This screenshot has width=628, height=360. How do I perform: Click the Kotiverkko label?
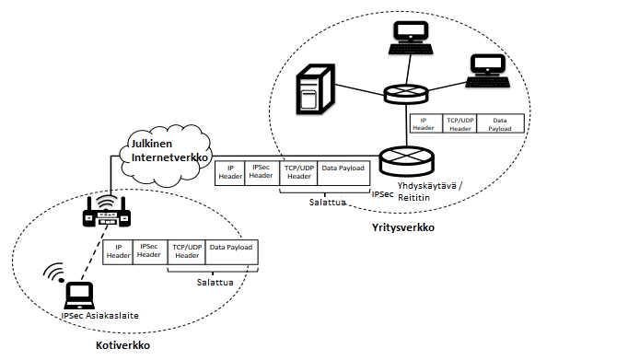[x=122, y=345]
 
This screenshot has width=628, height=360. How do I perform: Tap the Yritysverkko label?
[x=403, y=227]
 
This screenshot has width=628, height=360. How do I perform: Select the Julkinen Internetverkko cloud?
[x=165, y=156]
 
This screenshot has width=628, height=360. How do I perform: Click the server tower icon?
[x=315, y=89]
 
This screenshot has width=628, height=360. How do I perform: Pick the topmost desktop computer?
[x=411, y=38]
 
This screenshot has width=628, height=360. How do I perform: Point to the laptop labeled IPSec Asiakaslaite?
[x=79, y=296]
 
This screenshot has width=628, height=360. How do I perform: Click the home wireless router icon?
[x=107, y=212]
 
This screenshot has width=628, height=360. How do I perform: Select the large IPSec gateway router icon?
[x=406, y=161]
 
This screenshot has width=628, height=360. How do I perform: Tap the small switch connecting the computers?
[x=406, y=95]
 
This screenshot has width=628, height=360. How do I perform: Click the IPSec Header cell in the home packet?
[x=149, y=251]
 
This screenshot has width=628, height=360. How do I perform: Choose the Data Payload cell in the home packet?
[x=231, y=251]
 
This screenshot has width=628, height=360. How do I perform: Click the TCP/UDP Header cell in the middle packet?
[x=298, y=172]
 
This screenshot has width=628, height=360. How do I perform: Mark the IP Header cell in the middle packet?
[x=230, y=172]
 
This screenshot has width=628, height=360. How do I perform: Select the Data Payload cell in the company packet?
[x=500, y=123]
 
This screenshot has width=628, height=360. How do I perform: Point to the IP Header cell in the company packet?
[x=425, y=123]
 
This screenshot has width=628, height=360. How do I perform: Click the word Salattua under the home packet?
[x=215, y=283]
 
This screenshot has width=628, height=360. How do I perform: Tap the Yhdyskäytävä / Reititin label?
[x=430, y=192]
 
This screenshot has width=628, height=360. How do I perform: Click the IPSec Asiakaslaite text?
[x=100, y=316]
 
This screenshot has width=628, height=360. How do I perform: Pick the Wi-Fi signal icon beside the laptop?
[x=54, y=273]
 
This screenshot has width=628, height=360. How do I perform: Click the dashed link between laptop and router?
[x=95, y=252]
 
